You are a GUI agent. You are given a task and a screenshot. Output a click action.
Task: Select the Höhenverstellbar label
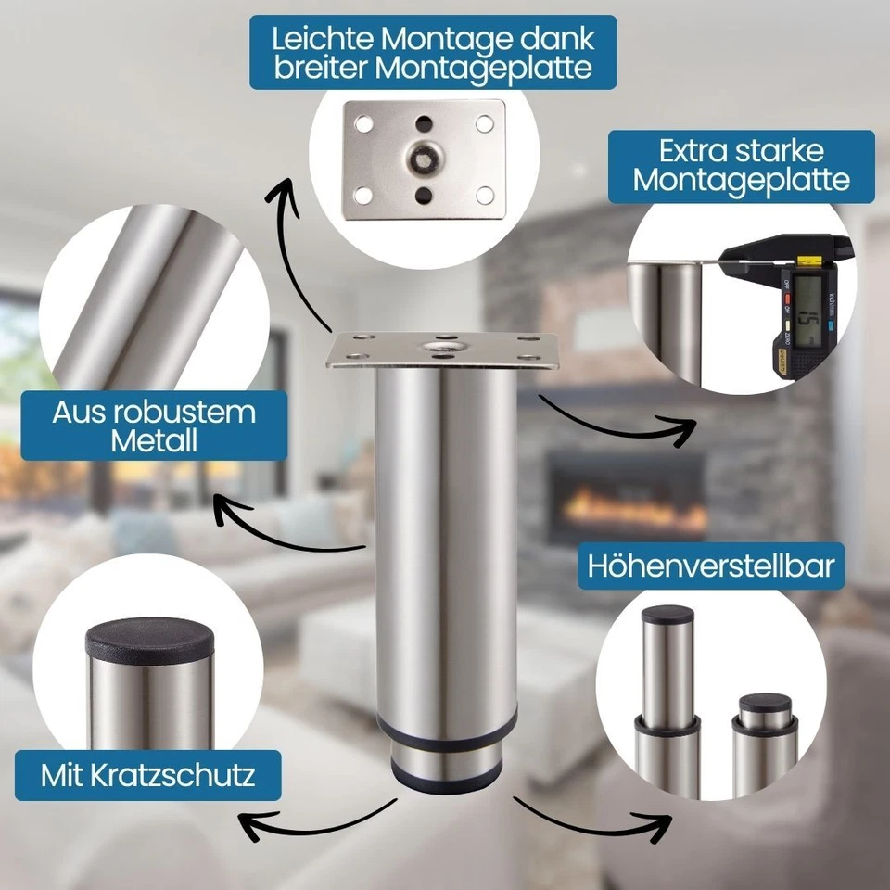(711, 566)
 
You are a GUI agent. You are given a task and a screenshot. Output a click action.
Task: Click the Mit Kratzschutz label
(147, 775)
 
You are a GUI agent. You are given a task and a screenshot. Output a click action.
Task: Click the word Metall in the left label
(154, 441)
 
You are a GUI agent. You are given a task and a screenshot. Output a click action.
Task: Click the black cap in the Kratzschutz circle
(149, 638)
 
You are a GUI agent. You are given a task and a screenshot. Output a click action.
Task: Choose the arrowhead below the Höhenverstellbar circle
(662, 821)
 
